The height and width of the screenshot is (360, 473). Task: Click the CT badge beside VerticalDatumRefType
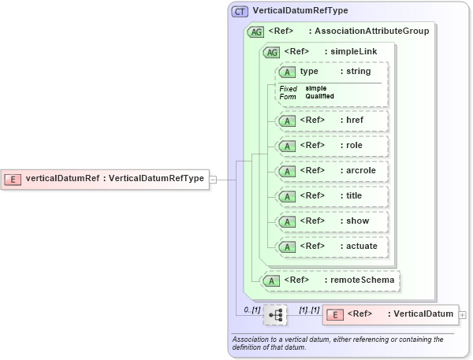tap(240, 12)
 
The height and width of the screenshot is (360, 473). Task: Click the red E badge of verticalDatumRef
tap(13, 179)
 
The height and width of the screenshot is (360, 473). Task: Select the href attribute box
tap(331, 121)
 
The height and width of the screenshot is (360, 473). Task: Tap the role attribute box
tap(331, 146)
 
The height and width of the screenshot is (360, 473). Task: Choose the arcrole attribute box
tap(331, 170)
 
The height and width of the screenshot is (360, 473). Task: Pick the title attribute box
tap(331, 195)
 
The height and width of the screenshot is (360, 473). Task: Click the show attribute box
tap(331, 221)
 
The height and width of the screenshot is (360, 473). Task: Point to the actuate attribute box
tap(331, 247)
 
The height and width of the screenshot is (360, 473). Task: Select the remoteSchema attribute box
tap(331, 280)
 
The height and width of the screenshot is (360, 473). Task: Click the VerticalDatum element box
tap(390, 314)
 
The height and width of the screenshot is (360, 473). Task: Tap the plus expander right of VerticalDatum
tap(463, 315)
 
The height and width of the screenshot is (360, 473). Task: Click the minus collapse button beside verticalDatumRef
tap(213, 179)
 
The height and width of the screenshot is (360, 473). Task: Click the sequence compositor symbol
tap(275, 315)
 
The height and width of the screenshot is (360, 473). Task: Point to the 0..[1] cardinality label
tap(251, 310)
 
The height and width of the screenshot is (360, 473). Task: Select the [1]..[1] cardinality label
tap(309, 310)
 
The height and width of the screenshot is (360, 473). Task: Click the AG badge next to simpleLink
tap(271, 52)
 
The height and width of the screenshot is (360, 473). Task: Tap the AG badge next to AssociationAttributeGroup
tap(255, 32)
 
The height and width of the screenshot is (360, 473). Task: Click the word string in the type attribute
tap(359, 72)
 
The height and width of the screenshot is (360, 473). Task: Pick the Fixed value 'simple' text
tap(316, 88)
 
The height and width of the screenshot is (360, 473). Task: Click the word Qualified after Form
tap(320, 96)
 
